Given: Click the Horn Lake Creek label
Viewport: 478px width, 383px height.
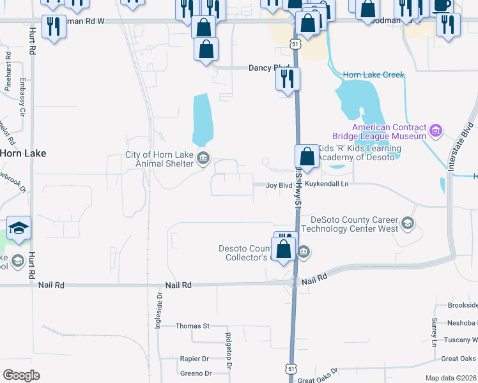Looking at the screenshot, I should [374, 75].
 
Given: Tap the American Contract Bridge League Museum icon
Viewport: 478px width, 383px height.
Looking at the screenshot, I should [436, 131].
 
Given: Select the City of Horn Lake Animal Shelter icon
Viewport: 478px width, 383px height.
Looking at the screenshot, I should [203, 159].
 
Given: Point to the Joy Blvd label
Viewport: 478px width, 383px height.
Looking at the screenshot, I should [279, 185].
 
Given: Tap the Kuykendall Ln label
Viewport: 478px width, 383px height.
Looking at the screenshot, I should [327, 184].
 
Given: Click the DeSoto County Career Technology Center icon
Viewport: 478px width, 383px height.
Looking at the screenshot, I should [408, 224].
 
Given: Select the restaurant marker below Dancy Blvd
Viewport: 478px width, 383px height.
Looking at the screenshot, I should [288, 79].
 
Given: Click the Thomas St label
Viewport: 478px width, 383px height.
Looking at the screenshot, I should [193, 326].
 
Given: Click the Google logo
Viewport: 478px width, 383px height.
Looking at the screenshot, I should [21, 375].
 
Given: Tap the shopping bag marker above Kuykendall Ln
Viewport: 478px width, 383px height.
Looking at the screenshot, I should [307, 156].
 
